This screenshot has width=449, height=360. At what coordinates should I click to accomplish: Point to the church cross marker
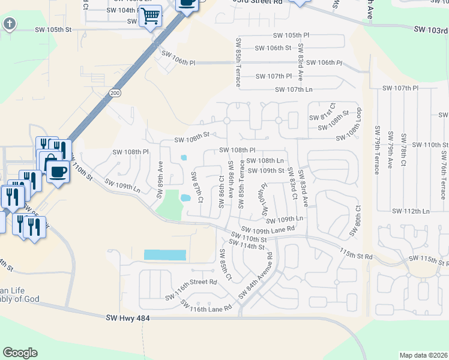pos(9,24)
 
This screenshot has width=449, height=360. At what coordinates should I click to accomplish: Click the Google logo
pos(20,353)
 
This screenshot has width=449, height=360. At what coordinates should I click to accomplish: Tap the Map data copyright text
pos(423,355)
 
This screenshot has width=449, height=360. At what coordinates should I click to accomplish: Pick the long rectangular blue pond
pos(165,255)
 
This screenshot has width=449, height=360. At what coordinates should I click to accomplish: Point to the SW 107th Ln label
pos(294,90)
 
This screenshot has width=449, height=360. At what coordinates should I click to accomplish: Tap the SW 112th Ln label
pos(411,211)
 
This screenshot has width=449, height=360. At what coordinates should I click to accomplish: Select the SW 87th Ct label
pos(197,187)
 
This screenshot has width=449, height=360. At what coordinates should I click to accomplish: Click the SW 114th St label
pos(250,247)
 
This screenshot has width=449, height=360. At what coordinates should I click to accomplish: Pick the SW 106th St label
pos(273,48)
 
